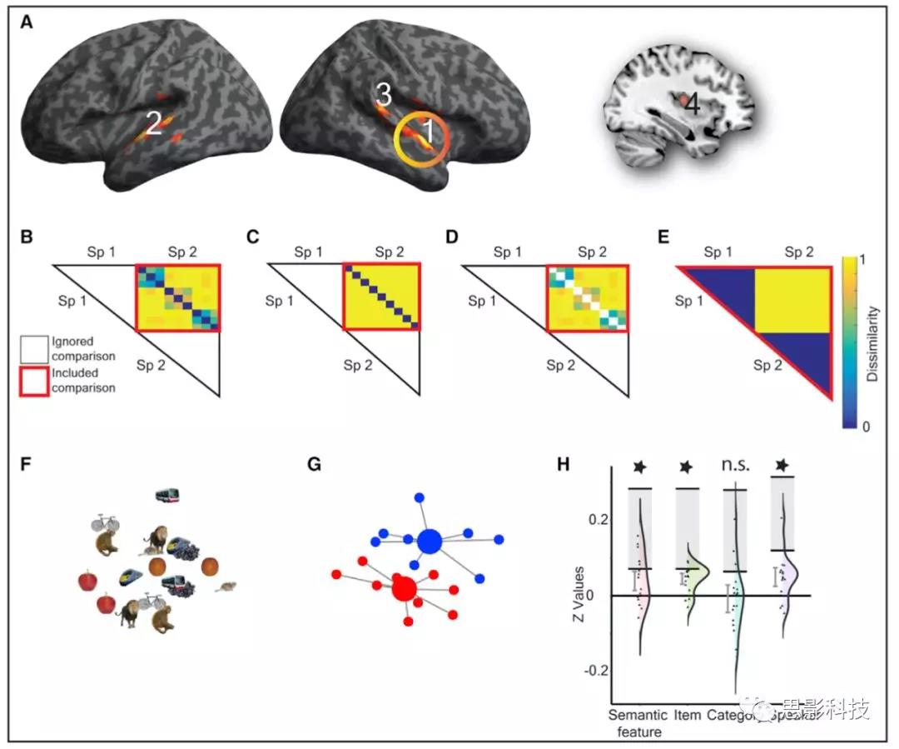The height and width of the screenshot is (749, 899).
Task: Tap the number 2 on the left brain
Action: coord(152,125)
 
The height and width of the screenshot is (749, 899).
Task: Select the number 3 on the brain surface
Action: coord(383,95)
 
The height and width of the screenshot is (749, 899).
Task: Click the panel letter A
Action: coord(27,23)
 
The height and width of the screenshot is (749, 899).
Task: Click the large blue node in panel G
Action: coord(430,542)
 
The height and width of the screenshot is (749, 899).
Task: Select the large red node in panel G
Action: coord(404,590)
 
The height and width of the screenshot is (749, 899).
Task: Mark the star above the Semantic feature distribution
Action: coord(639,467)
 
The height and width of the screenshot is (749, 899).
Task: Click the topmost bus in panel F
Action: coord(169,497)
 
